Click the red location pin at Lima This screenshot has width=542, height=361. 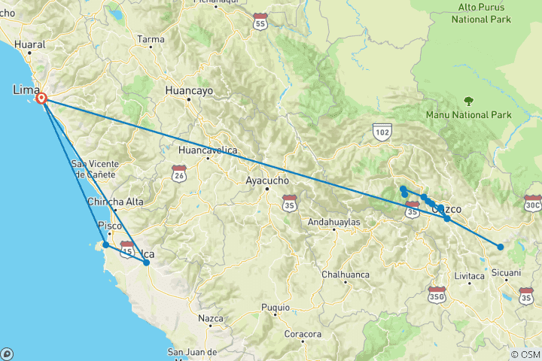pos(42,99)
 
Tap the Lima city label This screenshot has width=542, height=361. pos(26,90)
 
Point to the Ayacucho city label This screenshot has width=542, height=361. pos(268,180)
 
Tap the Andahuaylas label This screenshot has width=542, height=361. pos(335,223)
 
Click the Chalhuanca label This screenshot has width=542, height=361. pos(346,275)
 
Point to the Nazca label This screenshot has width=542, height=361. pos(211,319)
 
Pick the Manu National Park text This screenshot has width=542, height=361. pos(468,115)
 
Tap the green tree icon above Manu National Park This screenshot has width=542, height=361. pos(468,100)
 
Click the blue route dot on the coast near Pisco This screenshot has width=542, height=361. pos(106,245)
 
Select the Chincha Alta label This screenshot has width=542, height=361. pos(115,202)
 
